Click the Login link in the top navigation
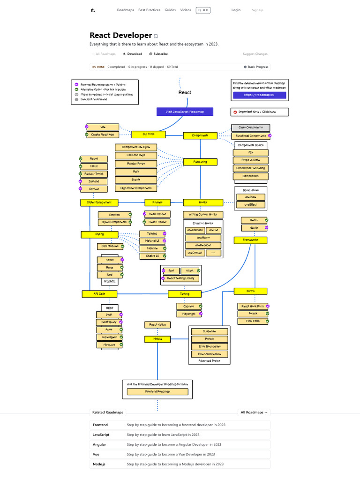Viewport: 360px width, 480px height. click(236, 10)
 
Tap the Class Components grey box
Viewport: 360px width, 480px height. click(251, 127)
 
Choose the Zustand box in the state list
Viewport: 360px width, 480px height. click(94, 181)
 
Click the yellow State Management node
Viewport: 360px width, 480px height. click(99, 202)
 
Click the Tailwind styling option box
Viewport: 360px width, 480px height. click(152, 233)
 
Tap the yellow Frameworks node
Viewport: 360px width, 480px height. click(251, 240)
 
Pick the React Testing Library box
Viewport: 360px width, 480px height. click(180, 278)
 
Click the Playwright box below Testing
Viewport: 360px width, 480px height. click(189, 314)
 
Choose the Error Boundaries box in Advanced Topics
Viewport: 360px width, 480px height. click(209, 346)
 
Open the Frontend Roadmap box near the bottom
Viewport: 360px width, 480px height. click(157, 391)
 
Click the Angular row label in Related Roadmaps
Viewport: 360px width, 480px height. click(99, 444)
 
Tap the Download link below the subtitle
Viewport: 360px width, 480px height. click(132, 54)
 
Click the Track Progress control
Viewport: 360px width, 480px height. click(256, 67)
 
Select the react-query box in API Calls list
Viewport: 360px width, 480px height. click(109, 322)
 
